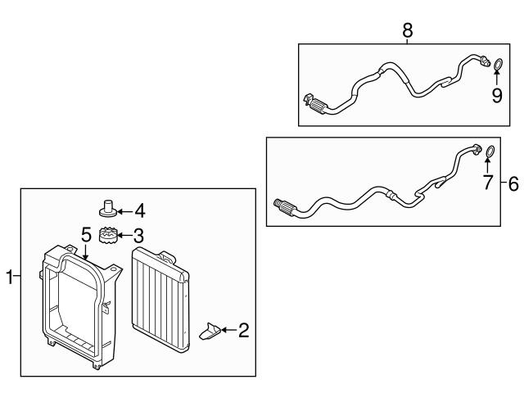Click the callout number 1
coord(10,277)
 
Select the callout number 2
coord(244,330)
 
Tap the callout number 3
coord(138,236)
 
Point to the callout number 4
coord(140,211)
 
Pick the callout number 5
coord(86,234)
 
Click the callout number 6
coord(513,183)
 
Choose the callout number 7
coord(488,183)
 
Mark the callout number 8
coord(408,31)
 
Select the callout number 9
coord(497,96)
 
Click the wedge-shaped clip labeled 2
coord(210,331)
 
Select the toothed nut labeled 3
coord(107,235)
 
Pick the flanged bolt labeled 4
coord(108,207)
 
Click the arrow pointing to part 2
coord(228,330)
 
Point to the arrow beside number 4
coord(124,211)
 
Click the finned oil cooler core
coord(160,299)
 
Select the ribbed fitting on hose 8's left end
coord(318,106)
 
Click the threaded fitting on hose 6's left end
coord(285,206)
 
